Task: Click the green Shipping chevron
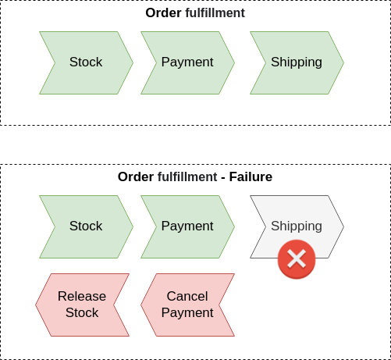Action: click(x=297, y=62)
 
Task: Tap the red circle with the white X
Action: click(x=297, y=259)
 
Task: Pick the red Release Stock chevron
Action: click(x=82, y=305)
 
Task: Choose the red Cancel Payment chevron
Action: click(x=187, y=305)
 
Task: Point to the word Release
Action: click(x=82, y=297)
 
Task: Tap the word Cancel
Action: click(x=187, y=297)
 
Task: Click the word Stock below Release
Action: click(x=82, y=313)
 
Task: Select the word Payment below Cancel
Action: click(x=187, y=313)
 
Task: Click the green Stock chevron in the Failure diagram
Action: click(x=86, y=226)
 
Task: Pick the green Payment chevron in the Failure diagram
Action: click(x=187, y=226)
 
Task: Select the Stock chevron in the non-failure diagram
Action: click(x=86, y=62)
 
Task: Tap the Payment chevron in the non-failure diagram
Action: click(x=187, y=62)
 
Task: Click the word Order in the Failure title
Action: click(x=136, y=177)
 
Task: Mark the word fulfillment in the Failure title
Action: click(x=187, y=177)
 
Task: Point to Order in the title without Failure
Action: click(x=163, y=13)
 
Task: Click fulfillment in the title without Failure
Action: click(x=215, y=13)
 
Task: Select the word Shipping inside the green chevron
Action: click(x=297, y=62)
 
